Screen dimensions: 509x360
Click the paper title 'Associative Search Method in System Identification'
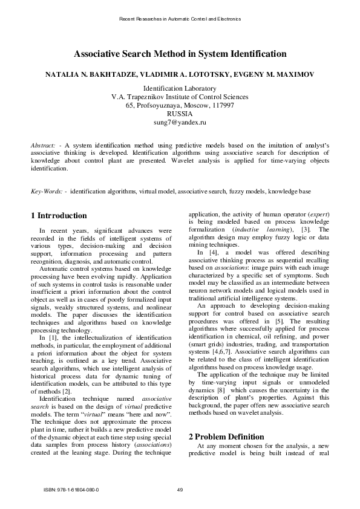[180, 54]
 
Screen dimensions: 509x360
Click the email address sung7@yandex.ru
[180, 122]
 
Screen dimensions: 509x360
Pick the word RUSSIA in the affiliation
[180, 114]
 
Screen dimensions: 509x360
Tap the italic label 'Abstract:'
[43, 146]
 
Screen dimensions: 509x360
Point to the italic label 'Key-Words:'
[47, 191]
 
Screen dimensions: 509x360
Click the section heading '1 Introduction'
[59, 216]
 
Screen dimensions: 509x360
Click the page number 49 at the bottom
[180, 489]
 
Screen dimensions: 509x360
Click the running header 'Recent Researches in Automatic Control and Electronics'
[180, 19]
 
